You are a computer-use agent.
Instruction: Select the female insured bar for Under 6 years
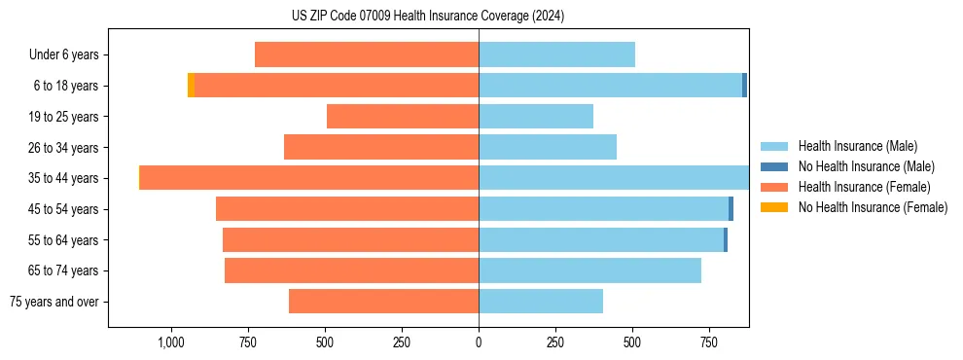point(367,54)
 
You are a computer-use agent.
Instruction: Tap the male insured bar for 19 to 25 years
point(536,117)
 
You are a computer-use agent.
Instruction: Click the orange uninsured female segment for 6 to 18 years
point(191,86)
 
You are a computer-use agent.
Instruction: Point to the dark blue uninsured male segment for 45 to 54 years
point(731,209)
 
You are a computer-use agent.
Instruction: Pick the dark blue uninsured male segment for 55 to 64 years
point(726,240)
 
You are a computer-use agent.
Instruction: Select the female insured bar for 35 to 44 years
point(309,178)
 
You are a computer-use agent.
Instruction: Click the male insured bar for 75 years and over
point(541,302)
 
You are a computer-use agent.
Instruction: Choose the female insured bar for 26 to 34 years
point(381,147)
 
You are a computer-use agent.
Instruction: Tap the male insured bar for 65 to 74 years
point(589,270)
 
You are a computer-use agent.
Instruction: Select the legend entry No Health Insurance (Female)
point(873,207)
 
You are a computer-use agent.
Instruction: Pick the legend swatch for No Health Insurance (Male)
point(774,166)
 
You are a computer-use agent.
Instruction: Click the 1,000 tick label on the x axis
point(170,342)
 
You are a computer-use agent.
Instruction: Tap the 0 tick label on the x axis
point(479,342)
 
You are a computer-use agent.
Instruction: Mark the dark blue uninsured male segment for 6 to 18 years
point(744,86)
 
